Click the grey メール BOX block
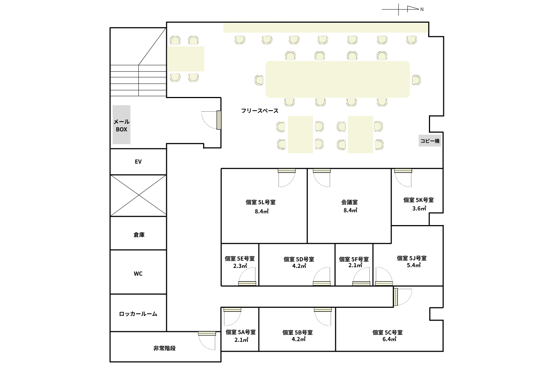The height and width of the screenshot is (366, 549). (x=121, y=124)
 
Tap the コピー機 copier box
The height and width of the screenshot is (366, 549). (x=430, y=141)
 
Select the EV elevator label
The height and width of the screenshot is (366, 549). (x=138, y=161)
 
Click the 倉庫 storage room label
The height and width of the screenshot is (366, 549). (x=139, y=235)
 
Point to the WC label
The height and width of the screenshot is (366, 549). (x=138, y=273)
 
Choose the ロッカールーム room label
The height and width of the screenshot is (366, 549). (x=138, y=314)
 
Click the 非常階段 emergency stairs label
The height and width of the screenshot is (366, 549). (x=164, y=348)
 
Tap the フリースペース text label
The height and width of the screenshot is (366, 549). (x=260, y=111)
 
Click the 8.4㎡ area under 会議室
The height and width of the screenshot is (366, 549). (x=350, y=210)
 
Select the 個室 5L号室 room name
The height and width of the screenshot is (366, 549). (x=261, y=202)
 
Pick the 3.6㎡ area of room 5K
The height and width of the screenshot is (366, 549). (x=419, y=208)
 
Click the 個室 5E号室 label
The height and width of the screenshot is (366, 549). (x=240, y=259)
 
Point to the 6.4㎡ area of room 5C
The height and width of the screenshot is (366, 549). (x=389, y=339)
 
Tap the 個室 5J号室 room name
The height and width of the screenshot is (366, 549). (x=412, y=258)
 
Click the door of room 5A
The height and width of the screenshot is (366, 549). (x=232, y=317)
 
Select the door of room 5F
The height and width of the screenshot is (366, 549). (x=362, y=277)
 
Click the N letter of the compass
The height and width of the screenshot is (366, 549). (x=422, y=9)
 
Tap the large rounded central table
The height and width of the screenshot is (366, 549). (x=338, y=79)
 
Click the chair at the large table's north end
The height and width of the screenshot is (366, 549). (x=417, y=80)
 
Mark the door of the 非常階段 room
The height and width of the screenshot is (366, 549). (x=207, y=341)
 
